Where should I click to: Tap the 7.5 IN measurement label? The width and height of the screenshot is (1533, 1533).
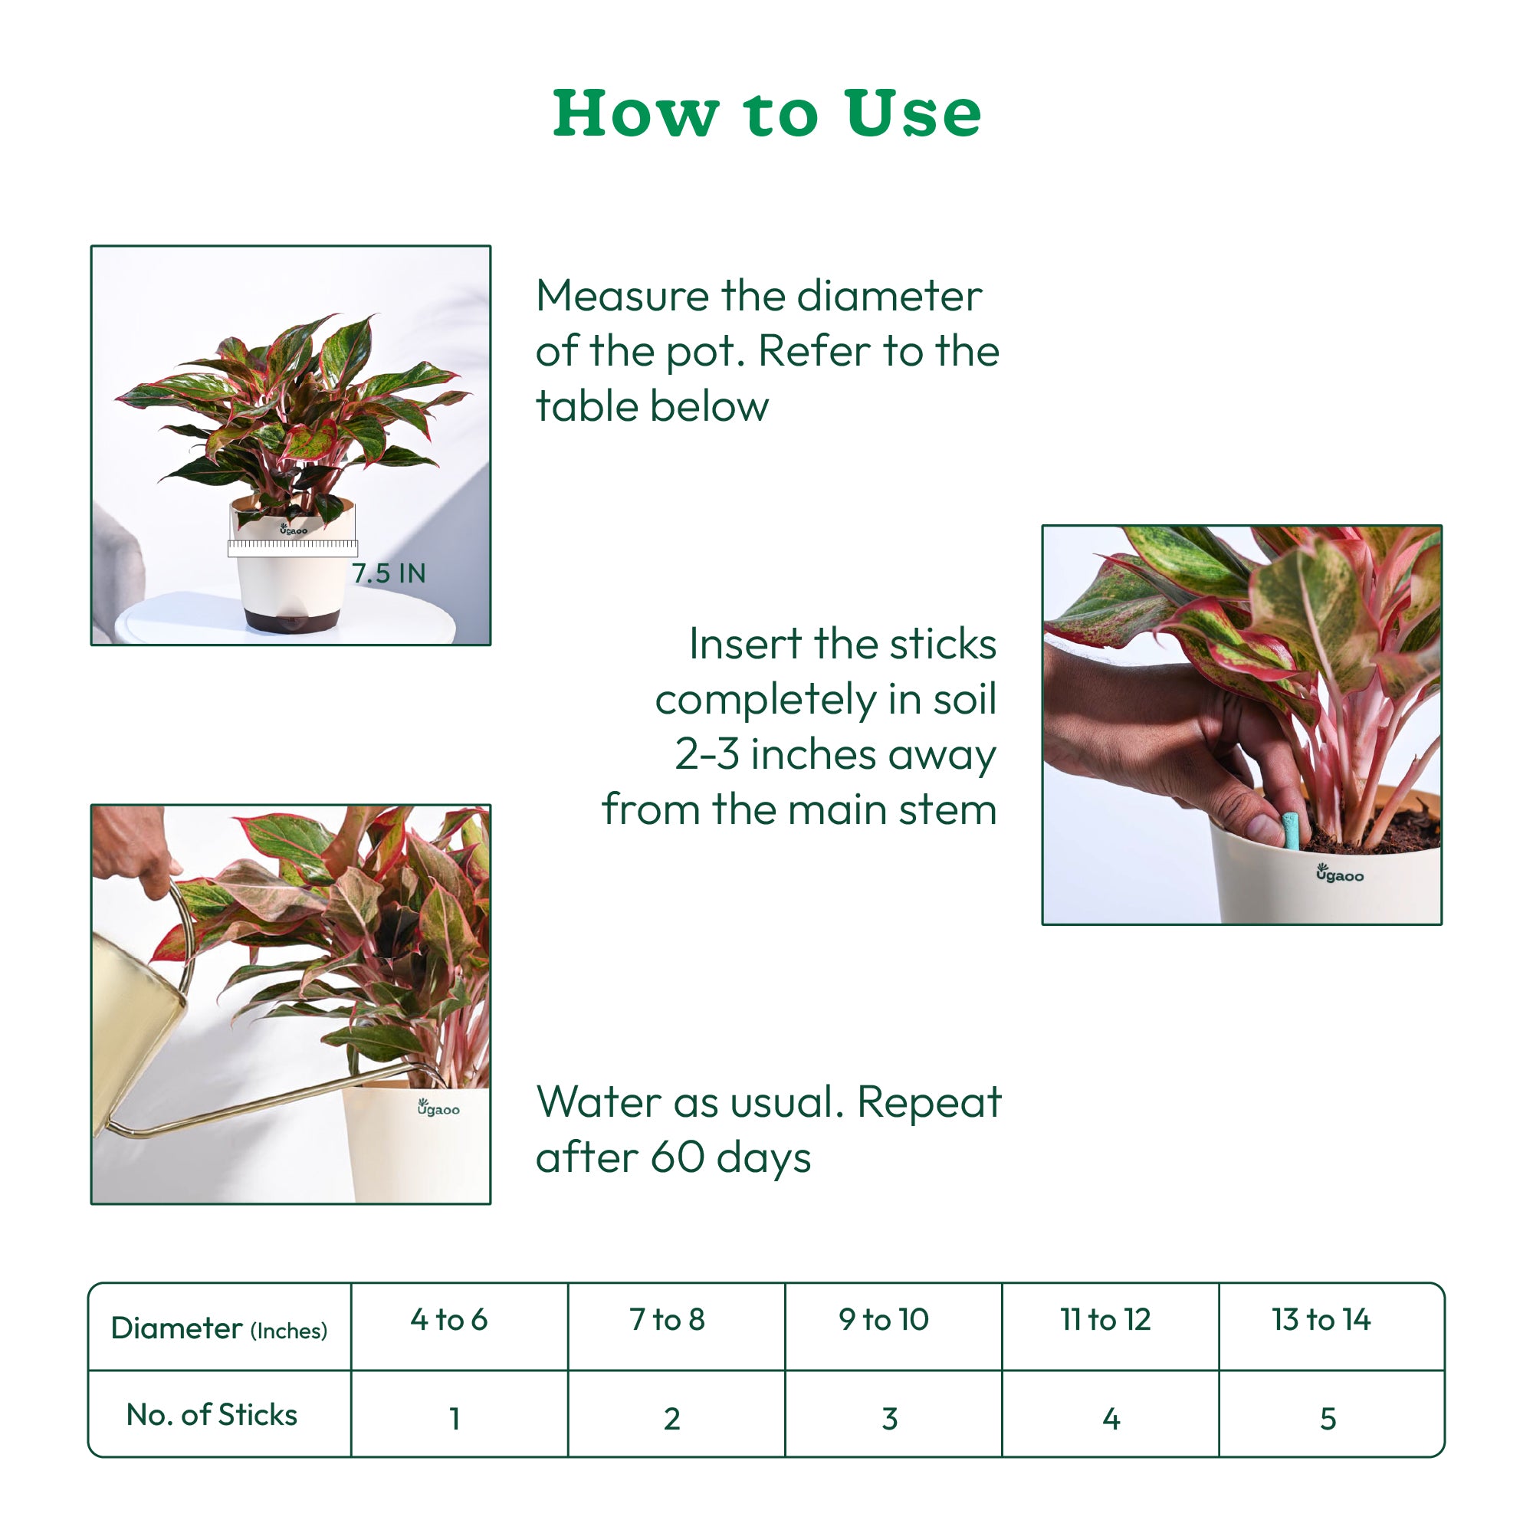point(389,573)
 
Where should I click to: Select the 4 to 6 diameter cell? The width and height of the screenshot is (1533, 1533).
point(449,1320)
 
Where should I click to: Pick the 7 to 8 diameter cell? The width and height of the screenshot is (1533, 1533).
point(667,1320)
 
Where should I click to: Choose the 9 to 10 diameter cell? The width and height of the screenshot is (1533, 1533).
point(883,1320)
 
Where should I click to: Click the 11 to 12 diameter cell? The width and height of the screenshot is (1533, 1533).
point(1105,1320)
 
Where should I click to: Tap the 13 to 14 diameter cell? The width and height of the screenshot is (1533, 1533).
point(1321,1320)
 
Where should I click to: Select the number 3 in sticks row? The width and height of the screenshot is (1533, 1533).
point(889,1419)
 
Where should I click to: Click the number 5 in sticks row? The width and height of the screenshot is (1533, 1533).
point(1328,1419)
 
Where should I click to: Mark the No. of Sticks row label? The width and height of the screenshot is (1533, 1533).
point(212,1415)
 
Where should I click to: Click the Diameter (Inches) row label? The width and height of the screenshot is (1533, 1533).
point(219,1328)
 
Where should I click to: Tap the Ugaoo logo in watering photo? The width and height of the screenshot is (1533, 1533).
point(438,1108)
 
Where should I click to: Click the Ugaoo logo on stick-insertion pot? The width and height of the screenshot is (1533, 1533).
point(1339,874)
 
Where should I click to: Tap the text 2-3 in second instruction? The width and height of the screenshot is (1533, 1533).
point(706,753)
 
